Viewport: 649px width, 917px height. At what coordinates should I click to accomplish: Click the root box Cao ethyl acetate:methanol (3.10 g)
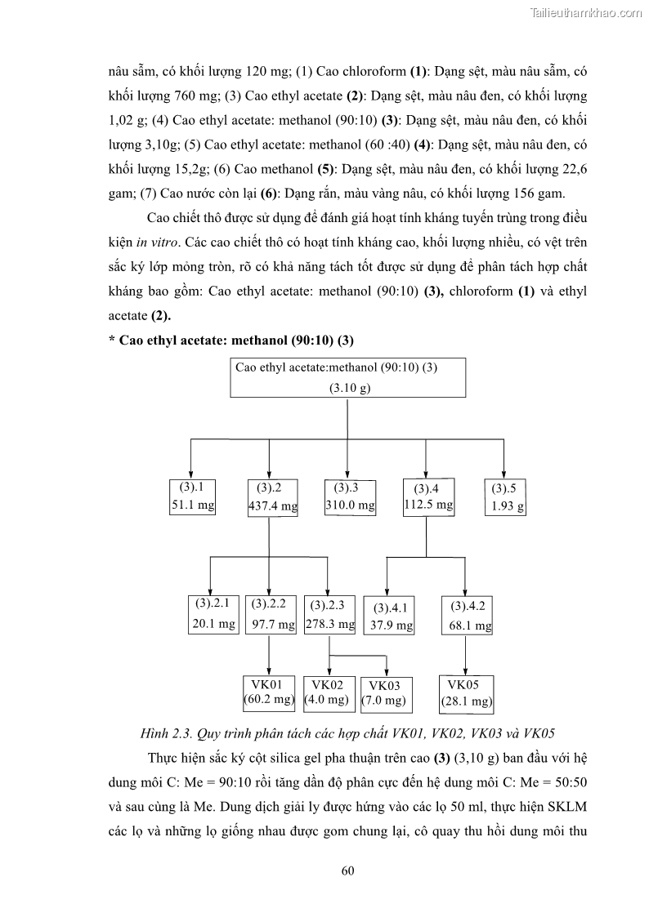tap(347, 378)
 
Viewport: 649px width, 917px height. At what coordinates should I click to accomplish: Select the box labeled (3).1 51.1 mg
tap(192, 497)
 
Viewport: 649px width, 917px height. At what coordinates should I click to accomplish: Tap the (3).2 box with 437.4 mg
tap(272, 498)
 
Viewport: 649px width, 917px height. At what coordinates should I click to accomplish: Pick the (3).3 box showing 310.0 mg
tap(350, 497)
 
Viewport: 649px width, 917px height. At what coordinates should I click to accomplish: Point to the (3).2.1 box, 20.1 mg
tap(213, 615)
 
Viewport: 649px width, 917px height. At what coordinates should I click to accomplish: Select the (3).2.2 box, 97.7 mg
tap(271, 615)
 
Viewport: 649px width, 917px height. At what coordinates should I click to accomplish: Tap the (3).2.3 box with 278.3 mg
tap(329, 615)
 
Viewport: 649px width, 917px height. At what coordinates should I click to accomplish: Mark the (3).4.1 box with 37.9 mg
tap(388, 617)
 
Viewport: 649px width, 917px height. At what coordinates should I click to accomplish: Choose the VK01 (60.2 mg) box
tap(269, 692)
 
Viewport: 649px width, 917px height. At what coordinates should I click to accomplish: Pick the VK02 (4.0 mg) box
tap(327, 692)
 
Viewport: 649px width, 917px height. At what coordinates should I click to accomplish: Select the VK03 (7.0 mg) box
tap(384, 694)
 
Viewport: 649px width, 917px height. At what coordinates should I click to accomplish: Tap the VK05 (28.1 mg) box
tap(465, 692)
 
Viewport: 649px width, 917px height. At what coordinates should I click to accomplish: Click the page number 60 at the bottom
tap(347, 870)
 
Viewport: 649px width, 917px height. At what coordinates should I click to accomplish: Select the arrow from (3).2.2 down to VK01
tap(270, 655)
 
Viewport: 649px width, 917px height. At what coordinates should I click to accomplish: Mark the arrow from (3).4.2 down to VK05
tap(465, 655)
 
